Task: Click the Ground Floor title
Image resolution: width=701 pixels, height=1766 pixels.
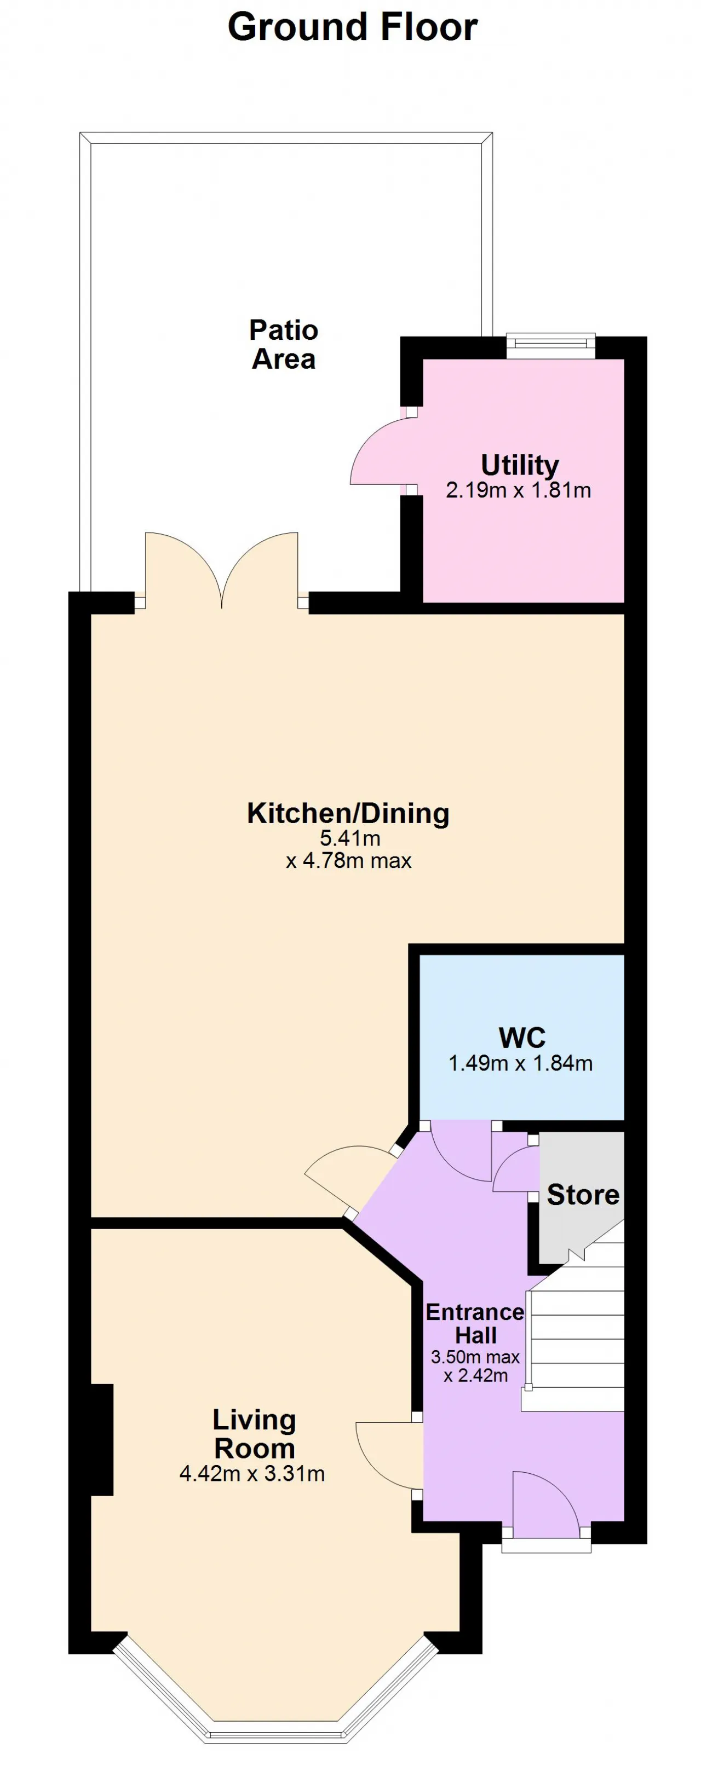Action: point(352,28)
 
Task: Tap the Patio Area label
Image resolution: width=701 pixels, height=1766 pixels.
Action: point(283,344)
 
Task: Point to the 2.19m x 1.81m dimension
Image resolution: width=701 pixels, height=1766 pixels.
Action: point(519,490)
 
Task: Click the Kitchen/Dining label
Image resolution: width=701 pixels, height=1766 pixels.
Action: point(348,813)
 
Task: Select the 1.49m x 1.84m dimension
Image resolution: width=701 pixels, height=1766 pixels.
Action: point(521,1063)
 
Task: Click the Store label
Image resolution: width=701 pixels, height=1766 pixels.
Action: point(583,1195)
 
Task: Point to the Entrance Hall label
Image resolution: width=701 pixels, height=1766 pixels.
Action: point(475,1323)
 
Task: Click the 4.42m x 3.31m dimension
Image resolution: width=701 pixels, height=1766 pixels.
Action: point(252,1473)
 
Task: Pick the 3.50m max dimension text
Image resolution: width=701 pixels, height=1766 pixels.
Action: point(475,1357)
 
